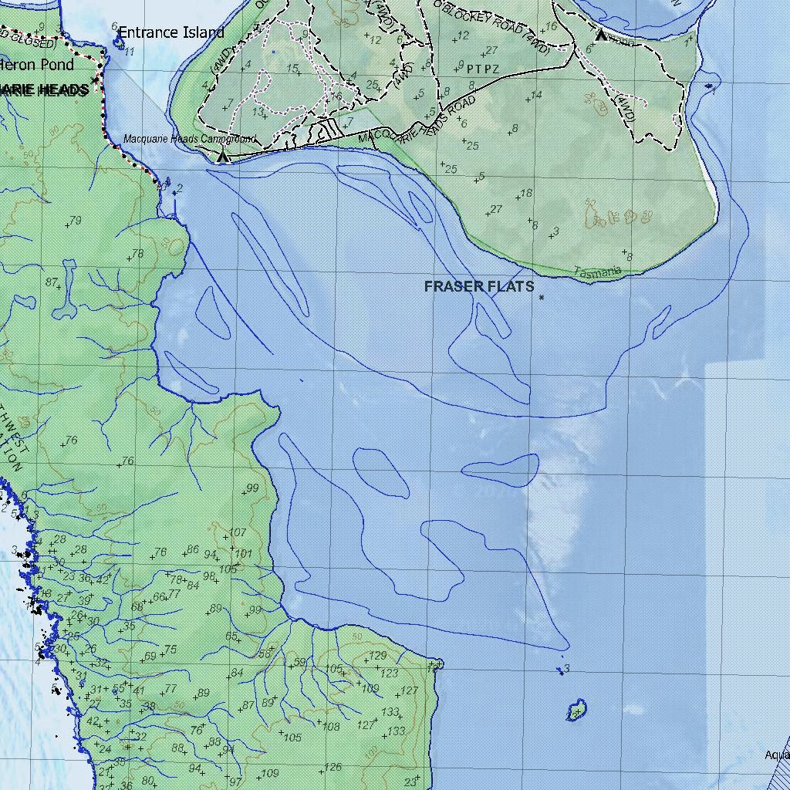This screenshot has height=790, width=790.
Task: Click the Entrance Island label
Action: (171, 32)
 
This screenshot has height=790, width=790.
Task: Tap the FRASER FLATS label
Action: (478, 286)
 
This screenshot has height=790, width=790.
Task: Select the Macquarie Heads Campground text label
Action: (189, 140)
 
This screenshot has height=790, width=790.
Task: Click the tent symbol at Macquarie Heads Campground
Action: (223, 157)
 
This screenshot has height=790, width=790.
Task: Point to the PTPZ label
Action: (483, 69)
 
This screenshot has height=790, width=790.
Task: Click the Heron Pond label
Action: (37, 65)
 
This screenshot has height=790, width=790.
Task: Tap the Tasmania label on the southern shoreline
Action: (598, 272)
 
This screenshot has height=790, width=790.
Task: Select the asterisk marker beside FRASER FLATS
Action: (542, 297)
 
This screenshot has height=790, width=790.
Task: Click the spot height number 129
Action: (377, 656)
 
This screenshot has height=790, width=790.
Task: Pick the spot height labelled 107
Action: (238, 532)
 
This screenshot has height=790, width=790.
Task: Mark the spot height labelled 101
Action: (243, 553)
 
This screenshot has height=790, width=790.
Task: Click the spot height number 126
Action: (333, 767)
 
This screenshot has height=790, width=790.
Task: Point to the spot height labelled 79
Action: (75, 221)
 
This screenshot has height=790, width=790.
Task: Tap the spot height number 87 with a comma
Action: (53, 282)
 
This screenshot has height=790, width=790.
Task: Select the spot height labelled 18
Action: (527, 194)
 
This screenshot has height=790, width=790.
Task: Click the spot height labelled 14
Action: (536, 95)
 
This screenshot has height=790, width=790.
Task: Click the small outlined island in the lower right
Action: (576, 709)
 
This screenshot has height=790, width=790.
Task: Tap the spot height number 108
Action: (331, 727)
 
